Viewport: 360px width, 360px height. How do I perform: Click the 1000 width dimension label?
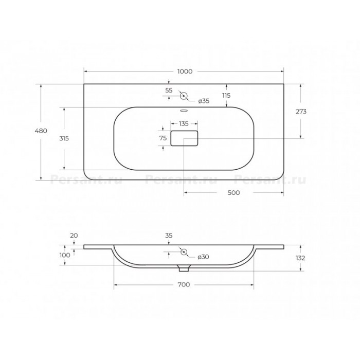[x=185, y=71]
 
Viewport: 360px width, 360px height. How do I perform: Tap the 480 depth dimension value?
[x=41, y=131]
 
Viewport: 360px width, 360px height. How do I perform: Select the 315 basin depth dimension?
[x=64, y=138]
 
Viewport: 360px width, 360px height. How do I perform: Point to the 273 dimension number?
[x=301, y=112]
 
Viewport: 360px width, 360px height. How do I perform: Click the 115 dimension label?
[x=226, y=96]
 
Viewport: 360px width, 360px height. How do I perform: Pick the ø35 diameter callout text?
[x=204, y=101]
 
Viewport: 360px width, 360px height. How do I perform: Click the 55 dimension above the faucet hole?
[x=169, y=91]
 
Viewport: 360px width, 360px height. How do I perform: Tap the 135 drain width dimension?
[x=184, y=124]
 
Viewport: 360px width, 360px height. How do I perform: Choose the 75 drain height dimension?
[x=163, y=138]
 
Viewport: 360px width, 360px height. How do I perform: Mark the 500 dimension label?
[x=233, y=193]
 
